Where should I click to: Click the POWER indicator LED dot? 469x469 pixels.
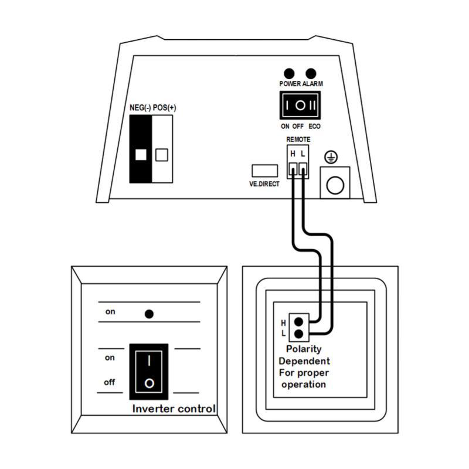pyautogui.click(x=288, y=73)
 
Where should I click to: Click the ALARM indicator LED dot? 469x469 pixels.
pyautogui.click(x=311, y=73)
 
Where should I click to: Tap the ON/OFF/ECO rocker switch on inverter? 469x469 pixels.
pyautogui.click(x=300, y=106)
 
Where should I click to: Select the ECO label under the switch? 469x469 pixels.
pyautogui.click(x=314, y=126)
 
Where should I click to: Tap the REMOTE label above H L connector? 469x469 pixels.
pyautogui.click(x=298, y=140)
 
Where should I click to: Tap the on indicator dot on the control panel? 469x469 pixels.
pyautogui.click(x=149, y=314)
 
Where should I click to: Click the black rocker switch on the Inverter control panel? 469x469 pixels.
pyautogui.click(x=149, y=370)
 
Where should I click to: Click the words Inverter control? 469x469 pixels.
pyautogui.click(x=174, y=409)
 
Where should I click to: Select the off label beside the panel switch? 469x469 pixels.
pyautogui.click(x=110, y=382)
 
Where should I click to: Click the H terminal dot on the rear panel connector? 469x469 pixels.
pyautogui.click(x=299, y=321)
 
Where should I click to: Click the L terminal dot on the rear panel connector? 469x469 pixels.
pyautogui.click(x=299, y=334)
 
